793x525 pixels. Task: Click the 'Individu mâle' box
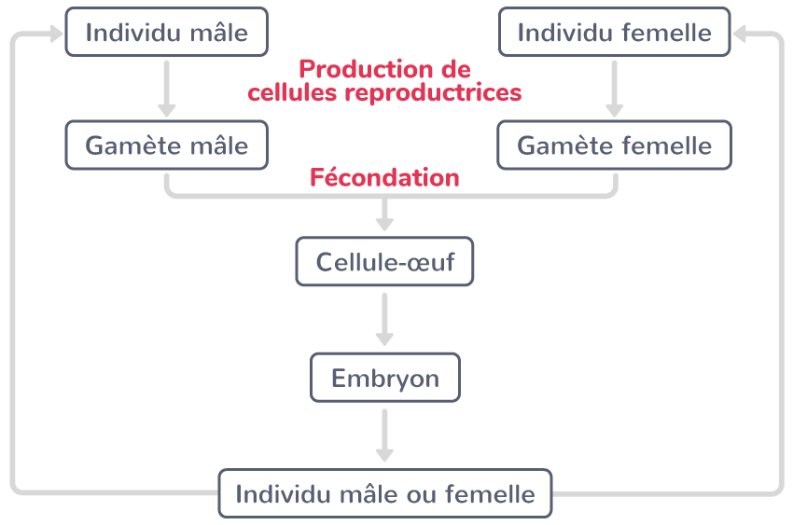tap(167, 33)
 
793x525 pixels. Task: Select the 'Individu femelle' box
tap(614, 33)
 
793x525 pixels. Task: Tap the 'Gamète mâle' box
tap(167, 145)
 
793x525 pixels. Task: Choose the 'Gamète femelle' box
tap(614, 145)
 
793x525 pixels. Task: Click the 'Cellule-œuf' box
tap(384, 261)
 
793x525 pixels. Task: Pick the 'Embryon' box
tap(384, 378)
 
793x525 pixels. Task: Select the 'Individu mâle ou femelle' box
tap(384, 493)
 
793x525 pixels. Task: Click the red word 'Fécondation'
tap(384, 177)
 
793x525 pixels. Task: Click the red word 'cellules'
tap(293, 93)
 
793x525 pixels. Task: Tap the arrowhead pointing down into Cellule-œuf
tap(384, 223)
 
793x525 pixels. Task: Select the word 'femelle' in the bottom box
tap(491, 493)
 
